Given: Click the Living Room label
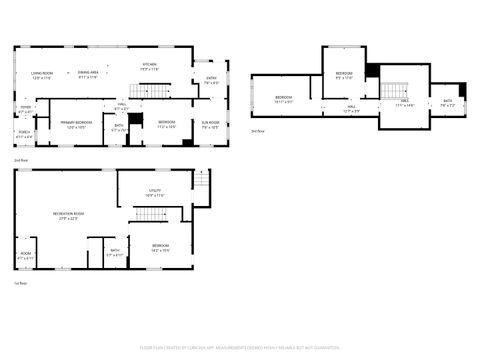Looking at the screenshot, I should (41, 73).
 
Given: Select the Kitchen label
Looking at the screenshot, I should (149, 66).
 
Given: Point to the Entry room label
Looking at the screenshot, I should (211, 80).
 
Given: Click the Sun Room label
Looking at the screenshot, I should (211, 125).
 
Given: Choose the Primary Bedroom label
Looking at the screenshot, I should (77, 124).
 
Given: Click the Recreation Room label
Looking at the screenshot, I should (69, 215).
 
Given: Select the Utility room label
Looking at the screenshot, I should (155, 192).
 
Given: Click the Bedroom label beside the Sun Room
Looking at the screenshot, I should (166, 125).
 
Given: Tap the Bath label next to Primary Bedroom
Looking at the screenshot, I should (118, 127).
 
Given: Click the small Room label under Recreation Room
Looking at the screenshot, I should (25, 255).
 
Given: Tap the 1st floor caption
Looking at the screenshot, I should (20, 283).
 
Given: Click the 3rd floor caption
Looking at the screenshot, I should (258, 131).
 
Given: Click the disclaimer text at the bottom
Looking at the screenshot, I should (240, 350).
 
